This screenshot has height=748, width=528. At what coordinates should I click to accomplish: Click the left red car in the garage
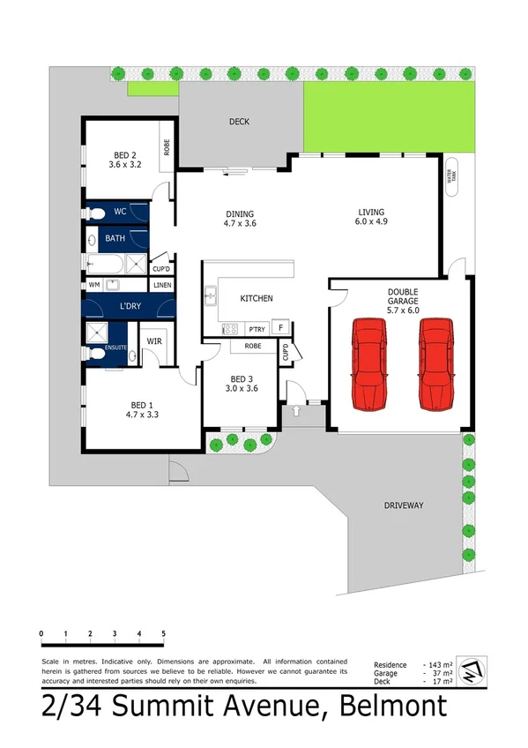coord(370,364)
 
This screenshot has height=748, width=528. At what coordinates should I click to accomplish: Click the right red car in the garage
coord(436,364)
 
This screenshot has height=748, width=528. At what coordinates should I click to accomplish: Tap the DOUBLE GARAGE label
coord(401,296)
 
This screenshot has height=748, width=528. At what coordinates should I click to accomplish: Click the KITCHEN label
coord(257,299)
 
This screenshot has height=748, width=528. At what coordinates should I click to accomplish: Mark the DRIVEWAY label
coord(405,505)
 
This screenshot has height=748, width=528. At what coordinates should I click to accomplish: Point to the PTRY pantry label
coord(257,329)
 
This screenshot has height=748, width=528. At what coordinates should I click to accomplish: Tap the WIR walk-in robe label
coord(153,340)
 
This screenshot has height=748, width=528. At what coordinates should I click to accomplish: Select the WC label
coord(121,213)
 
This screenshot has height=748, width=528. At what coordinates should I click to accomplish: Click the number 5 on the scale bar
coord(163,634)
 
